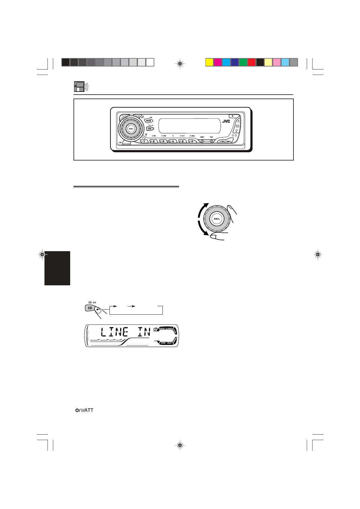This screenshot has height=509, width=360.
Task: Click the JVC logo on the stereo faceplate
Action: pos(226,121)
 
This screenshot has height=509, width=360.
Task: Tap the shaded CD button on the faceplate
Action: pos(149,128)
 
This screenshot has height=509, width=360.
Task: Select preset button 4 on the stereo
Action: pos(173,141)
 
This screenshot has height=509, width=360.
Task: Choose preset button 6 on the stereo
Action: pos(192,141)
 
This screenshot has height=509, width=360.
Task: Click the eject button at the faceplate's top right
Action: pos(232,116)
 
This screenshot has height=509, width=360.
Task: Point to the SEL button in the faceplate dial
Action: pos(131,128)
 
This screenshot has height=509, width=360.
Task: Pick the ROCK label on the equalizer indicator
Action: pos(163,328)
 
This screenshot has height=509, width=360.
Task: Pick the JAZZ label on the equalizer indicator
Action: pos(169,343)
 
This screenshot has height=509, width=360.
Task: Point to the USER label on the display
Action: pos(163,343)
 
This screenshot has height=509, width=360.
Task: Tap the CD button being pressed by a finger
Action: pos(90,308)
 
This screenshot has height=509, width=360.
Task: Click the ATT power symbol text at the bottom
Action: pos(84,410)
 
